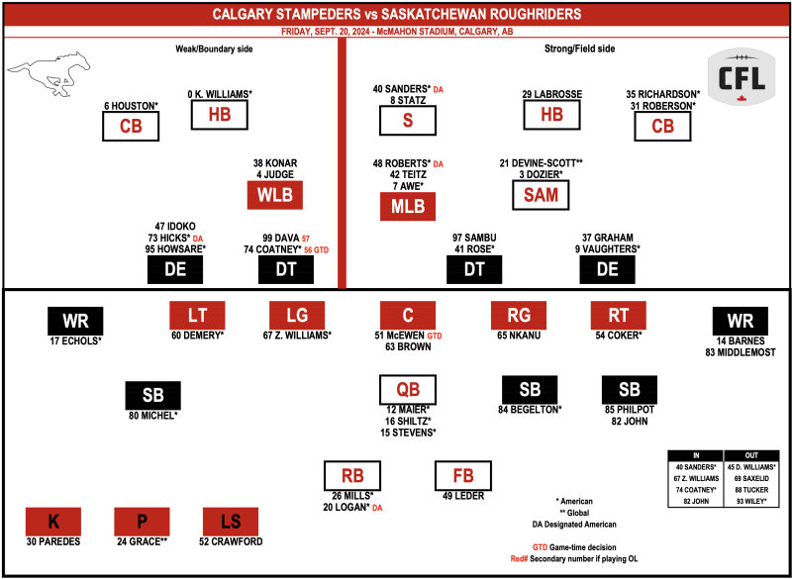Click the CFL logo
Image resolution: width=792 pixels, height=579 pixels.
pyautogui.click(x=741, y=77)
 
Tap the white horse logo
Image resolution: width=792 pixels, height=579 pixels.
pyautogui.click(x=49, y=73)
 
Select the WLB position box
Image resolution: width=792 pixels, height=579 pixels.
pyautogui.click(x=275, y=195)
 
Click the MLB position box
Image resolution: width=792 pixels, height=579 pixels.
pyautogui.click(x=408, y=206)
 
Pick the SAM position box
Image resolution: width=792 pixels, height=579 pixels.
pyautogui.click(x=541, y=195)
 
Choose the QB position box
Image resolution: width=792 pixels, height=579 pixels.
pyautogui.click(x=408, y=389)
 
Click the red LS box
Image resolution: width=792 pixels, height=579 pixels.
pyautogui.click(x=231, y=522)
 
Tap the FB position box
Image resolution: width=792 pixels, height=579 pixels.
pyautogui.click(x=463, y=475)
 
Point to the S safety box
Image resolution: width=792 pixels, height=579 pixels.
pyautogui.click(x=408, y=121)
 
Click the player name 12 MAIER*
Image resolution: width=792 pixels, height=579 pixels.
pyautogui.click(x=407, y=410)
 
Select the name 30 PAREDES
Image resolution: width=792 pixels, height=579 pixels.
pyautogui.click(x=53, y=541)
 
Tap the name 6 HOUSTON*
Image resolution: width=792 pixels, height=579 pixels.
pyautogui.click(x=132, y=106)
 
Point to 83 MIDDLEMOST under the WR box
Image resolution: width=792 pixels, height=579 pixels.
pyautogui.click(x=741, y=353)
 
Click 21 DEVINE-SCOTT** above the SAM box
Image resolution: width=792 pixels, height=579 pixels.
pyautogui.click(x=541, y=163)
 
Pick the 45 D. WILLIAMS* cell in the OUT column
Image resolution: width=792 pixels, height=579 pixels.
pyautogui.click(x=751, y=467)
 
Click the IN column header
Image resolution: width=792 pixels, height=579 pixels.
pyautogui.click(x=696, y=455)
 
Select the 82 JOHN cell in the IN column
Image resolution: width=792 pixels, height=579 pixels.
pyautogui.click(x=696, y=502)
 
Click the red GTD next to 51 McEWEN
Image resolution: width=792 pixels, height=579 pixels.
pyautogui.click(x=435, y=336)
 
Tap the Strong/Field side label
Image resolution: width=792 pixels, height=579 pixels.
pyautogui.click(x=579, y=48)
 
